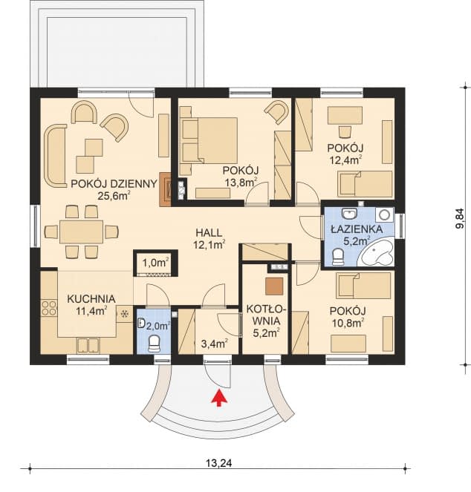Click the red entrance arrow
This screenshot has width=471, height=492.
(219, 398)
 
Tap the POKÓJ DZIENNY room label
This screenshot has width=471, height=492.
(114, 183)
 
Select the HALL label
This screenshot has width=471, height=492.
(209, 233)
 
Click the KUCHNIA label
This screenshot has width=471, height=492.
(91, 299)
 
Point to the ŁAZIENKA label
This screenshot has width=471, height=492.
(357, 229)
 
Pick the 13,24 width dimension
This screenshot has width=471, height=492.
(219, 462)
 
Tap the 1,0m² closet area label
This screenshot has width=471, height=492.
(156, 263)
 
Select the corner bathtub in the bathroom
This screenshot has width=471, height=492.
(377, 252)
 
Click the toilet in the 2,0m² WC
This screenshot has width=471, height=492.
(154, 344)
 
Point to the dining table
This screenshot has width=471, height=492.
(82, 232)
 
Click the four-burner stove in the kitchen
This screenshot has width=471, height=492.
(49, 308)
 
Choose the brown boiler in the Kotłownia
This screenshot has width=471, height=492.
(274, 286)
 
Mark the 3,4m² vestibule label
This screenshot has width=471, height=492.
(215, 344)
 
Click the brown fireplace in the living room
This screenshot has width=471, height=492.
(166, 189)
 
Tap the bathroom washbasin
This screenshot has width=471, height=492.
(349, 214)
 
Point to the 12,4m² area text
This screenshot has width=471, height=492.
(345, 160)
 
